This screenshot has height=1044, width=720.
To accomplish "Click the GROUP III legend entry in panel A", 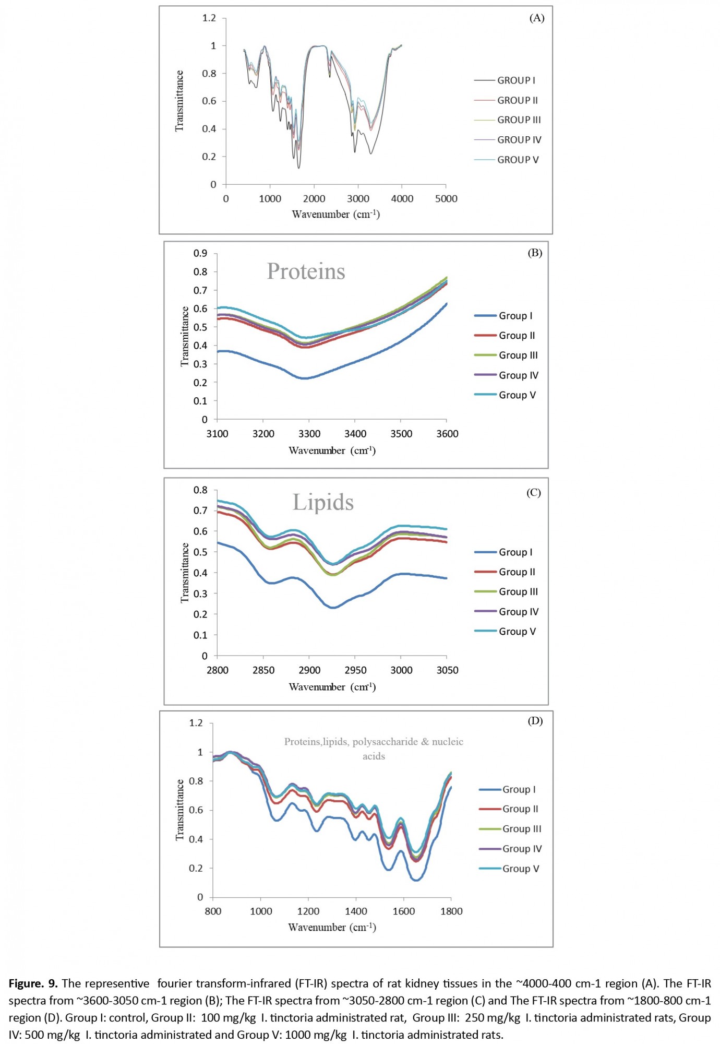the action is coord(508,120).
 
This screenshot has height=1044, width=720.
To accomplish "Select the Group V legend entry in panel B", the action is coord(505,395).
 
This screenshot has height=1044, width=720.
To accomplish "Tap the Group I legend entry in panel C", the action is coord(503,552).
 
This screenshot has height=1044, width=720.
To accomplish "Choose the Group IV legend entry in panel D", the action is coord(510,849).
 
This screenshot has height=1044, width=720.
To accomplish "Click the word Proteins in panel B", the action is coord(306,271).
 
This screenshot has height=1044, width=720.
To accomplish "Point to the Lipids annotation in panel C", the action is coord(323,502).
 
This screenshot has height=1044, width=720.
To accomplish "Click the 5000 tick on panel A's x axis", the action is coord(446,199).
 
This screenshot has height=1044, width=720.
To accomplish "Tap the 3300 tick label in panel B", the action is coord(309,434).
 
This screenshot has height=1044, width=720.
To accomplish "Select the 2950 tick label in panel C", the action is coord(355,670).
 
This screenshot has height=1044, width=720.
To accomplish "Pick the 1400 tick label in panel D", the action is coord(356,911).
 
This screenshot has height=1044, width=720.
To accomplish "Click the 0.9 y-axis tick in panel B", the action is coord(200,253).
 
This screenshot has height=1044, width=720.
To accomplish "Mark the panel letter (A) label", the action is coord(537,18).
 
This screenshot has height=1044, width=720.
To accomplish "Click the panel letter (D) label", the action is coord(535,721).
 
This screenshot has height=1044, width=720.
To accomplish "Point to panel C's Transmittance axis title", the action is coord(185,573).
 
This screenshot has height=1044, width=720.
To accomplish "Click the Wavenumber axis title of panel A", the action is coord(335,215).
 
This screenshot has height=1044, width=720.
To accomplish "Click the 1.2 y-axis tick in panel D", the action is coord(196,723).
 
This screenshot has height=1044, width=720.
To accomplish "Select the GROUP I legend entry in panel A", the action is coord(505,80).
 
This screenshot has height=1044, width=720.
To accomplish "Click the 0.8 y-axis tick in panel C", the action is coord(200,490).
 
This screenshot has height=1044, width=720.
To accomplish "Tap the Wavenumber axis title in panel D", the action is coord(332,928).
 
